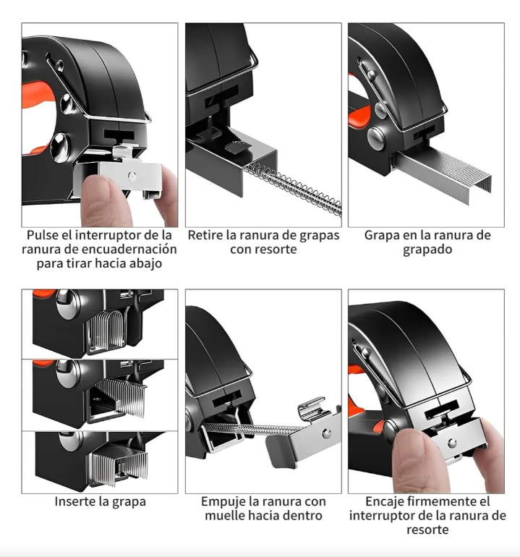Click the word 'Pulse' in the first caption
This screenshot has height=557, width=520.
tap(43, 235)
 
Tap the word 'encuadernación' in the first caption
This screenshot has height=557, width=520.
tap(132, 249)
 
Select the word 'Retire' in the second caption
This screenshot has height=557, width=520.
tap(205, 235)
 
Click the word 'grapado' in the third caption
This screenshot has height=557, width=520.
tap(427, 250)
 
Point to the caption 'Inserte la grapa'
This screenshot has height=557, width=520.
tap(99, 501)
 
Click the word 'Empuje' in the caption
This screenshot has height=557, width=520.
tap(223, 501)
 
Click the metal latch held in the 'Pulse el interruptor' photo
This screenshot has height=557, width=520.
tap(130, 174)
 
